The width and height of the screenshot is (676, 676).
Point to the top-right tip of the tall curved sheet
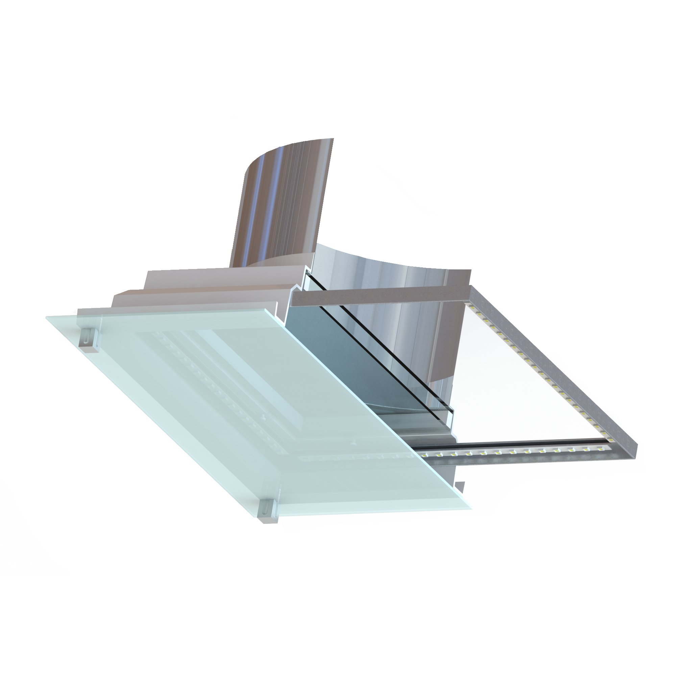tap(333, 139)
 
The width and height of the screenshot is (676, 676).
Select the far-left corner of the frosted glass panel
tap(47, 318)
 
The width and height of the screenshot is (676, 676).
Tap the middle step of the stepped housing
tap(196, 297)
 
